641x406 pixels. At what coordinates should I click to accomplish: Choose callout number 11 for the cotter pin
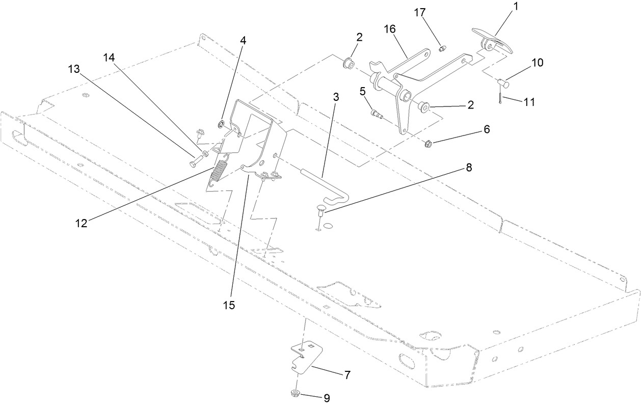coord(529,102)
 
